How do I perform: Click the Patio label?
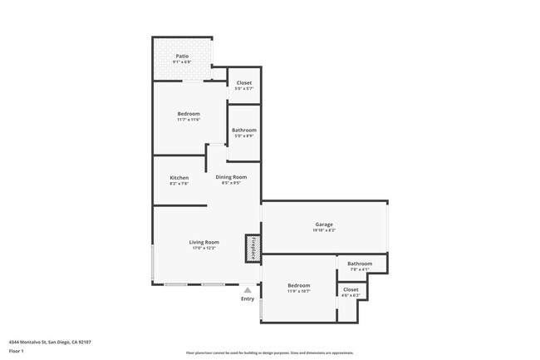(182, 56)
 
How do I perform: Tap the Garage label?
(324, 224)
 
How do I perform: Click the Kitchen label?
(179, 177)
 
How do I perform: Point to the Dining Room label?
(231, 177)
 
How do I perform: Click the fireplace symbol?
(252, 248)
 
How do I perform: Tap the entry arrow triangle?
(248, 289)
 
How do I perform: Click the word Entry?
(248, 298)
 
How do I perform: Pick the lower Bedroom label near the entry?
(299, 285)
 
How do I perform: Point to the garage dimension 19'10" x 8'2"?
(324, 230)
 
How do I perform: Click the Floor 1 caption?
(17, 351)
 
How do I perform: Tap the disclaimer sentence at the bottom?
(270, 353)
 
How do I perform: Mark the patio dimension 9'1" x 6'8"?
(182, 62)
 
